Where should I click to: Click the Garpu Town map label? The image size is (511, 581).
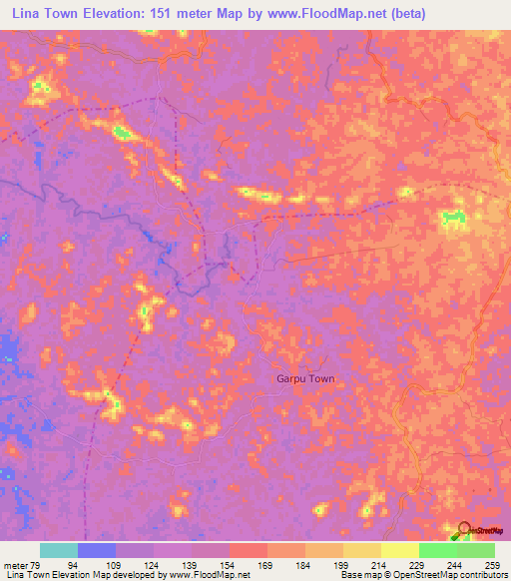(305, 379)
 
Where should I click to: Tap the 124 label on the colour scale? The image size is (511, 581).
(153, 564)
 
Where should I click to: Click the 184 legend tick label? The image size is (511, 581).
(304, 564)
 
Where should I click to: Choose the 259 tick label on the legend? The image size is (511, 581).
(492, 564)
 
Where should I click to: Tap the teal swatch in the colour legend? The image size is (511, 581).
(59, 550)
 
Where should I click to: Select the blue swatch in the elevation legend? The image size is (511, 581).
(97, 550)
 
